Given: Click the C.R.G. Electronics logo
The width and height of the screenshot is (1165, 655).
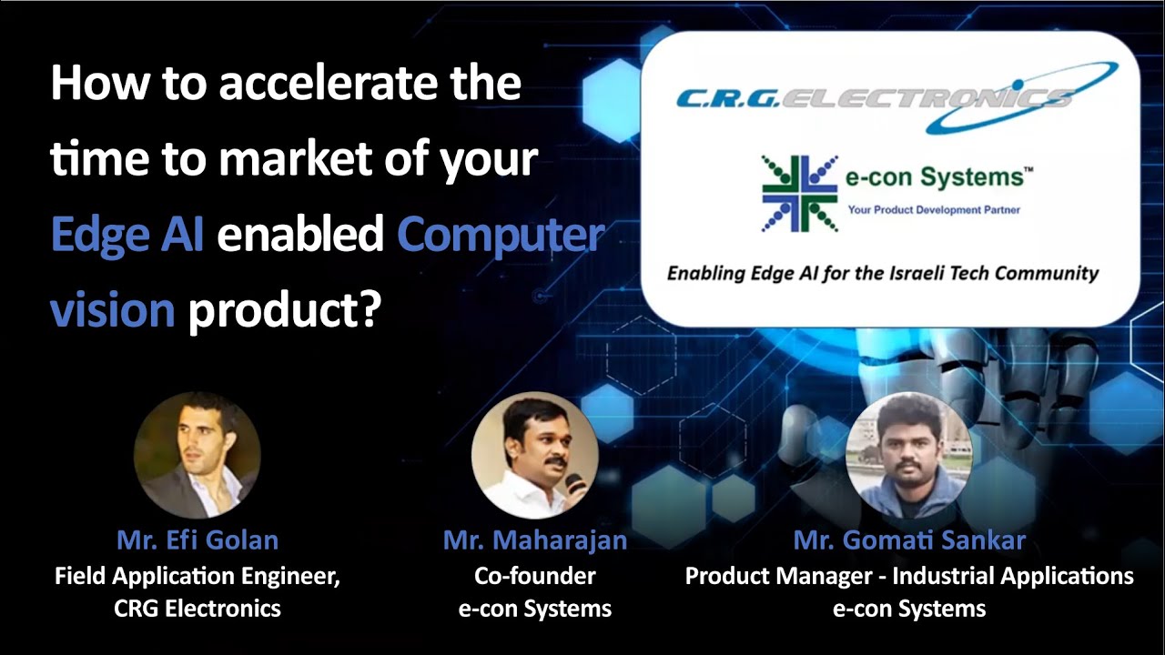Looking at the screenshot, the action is (x=897, y=97).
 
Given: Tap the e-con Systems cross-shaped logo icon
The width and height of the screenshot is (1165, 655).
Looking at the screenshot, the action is (x=800, y=194).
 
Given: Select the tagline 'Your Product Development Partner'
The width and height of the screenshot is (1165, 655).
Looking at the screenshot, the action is (x=934, y=210).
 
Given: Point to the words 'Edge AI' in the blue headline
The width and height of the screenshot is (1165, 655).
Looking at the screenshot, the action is (x=127, y=234).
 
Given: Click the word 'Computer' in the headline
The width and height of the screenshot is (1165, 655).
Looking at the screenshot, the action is (x=501, y=235).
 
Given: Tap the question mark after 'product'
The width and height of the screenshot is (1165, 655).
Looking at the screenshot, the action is (x=370, y=308).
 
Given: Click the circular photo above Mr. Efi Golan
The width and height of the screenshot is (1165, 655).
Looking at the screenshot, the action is (x=198, y=455).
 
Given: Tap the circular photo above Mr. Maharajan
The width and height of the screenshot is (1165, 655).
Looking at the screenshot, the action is (x=534, y=455).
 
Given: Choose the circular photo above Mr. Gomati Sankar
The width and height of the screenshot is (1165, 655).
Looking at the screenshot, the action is (x=908, y=455).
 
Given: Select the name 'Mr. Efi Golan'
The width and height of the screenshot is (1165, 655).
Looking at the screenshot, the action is (x=198, y=540).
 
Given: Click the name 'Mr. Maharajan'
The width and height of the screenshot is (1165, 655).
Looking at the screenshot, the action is (x=535, y=540).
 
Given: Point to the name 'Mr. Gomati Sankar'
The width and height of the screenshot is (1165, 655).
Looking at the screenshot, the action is (x=909, y=540).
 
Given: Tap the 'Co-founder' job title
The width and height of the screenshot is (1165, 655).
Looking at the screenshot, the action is (x=534, y=576).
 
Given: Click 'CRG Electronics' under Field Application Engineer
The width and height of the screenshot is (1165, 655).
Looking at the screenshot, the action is (x=198, y=609).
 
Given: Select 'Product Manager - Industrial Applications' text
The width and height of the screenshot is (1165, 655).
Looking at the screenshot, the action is (x=909, y=576).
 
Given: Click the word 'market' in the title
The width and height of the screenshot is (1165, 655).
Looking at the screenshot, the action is (x=296, y=158).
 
